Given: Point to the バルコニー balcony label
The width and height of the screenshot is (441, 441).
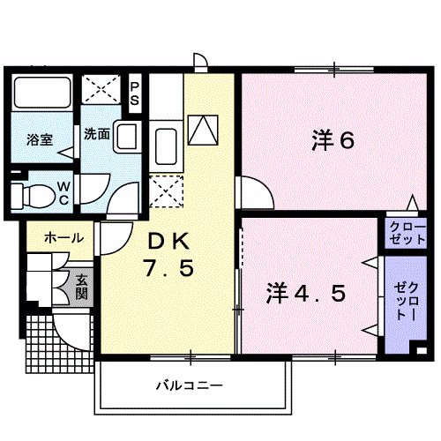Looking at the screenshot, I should point(190,385).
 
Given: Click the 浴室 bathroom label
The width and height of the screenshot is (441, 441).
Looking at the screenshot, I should point(38,138).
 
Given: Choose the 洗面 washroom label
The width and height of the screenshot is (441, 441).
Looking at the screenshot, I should point(96,135).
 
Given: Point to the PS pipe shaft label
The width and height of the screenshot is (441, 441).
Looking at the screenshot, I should point(135,92).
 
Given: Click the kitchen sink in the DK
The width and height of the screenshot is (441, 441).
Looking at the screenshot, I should point(165,141).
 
